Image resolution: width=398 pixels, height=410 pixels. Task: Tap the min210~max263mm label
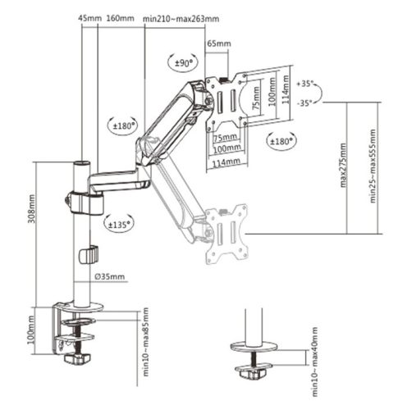tap(181, 17)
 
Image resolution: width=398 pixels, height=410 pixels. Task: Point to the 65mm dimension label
tap(217, 43)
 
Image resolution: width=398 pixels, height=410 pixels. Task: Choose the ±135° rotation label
tap(117, 222)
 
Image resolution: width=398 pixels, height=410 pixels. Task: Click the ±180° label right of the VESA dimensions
tap(279, 141)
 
